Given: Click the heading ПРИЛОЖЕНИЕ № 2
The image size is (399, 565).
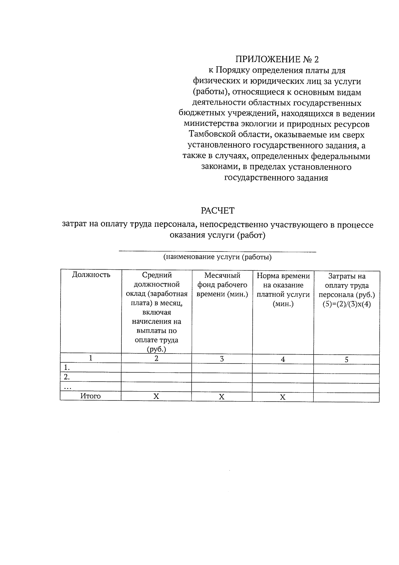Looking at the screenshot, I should click(277, 60).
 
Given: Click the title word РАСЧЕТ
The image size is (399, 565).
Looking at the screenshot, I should click(217, 211).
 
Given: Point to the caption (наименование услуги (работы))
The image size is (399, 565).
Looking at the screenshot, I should click(217, 257).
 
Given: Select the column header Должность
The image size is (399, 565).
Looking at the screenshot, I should click(91, 275).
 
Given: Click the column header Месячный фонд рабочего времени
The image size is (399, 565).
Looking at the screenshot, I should click(222, 285).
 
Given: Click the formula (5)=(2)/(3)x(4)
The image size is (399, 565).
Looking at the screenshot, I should click(346, 305).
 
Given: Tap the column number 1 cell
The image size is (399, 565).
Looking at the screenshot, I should click(90, 358).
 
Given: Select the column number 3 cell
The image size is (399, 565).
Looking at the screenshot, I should click(222, 359).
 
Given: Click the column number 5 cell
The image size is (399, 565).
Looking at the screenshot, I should click(346, 360).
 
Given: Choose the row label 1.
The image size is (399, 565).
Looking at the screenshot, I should click(67, 368).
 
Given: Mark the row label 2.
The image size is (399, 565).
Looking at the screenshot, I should click(67, 377).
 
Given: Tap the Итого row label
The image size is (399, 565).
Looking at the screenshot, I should click(90, 396).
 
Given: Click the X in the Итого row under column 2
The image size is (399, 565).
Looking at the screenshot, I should click(156, 397).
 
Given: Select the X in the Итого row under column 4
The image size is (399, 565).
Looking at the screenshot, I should click(283, 397).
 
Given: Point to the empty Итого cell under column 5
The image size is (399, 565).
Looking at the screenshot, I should click(346, 397).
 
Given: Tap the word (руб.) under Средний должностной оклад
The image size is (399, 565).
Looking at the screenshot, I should click(156, 349).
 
